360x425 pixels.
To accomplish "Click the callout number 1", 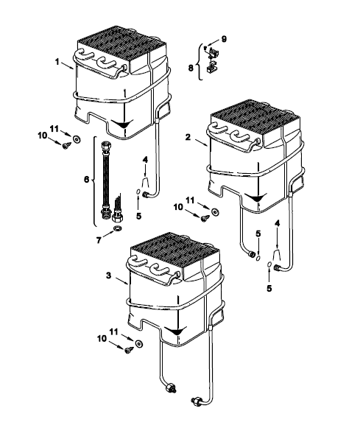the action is point(57,62).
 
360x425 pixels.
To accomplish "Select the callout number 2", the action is point(188,137).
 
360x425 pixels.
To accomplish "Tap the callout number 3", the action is point(108,275).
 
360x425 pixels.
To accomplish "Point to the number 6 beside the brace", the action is point(86,179).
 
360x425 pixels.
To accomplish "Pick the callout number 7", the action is point(99,240).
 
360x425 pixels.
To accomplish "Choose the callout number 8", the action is point(191,68).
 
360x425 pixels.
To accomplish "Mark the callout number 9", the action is point(224,39).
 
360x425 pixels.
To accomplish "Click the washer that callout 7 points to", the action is point(118,228).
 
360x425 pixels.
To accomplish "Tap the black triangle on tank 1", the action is point(121,124).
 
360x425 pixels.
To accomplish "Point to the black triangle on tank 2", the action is point(255,197).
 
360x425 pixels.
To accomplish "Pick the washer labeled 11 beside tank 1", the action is point(77,139).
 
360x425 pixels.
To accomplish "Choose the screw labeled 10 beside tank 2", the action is point(205,218).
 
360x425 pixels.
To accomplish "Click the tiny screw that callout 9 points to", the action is point(205,49).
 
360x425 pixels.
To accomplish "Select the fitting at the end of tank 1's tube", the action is point(146,194).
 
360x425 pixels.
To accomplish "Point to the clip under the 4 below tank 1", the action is point(146,182).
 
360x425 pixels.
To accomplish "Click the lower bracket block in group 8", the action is point(211,68).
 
